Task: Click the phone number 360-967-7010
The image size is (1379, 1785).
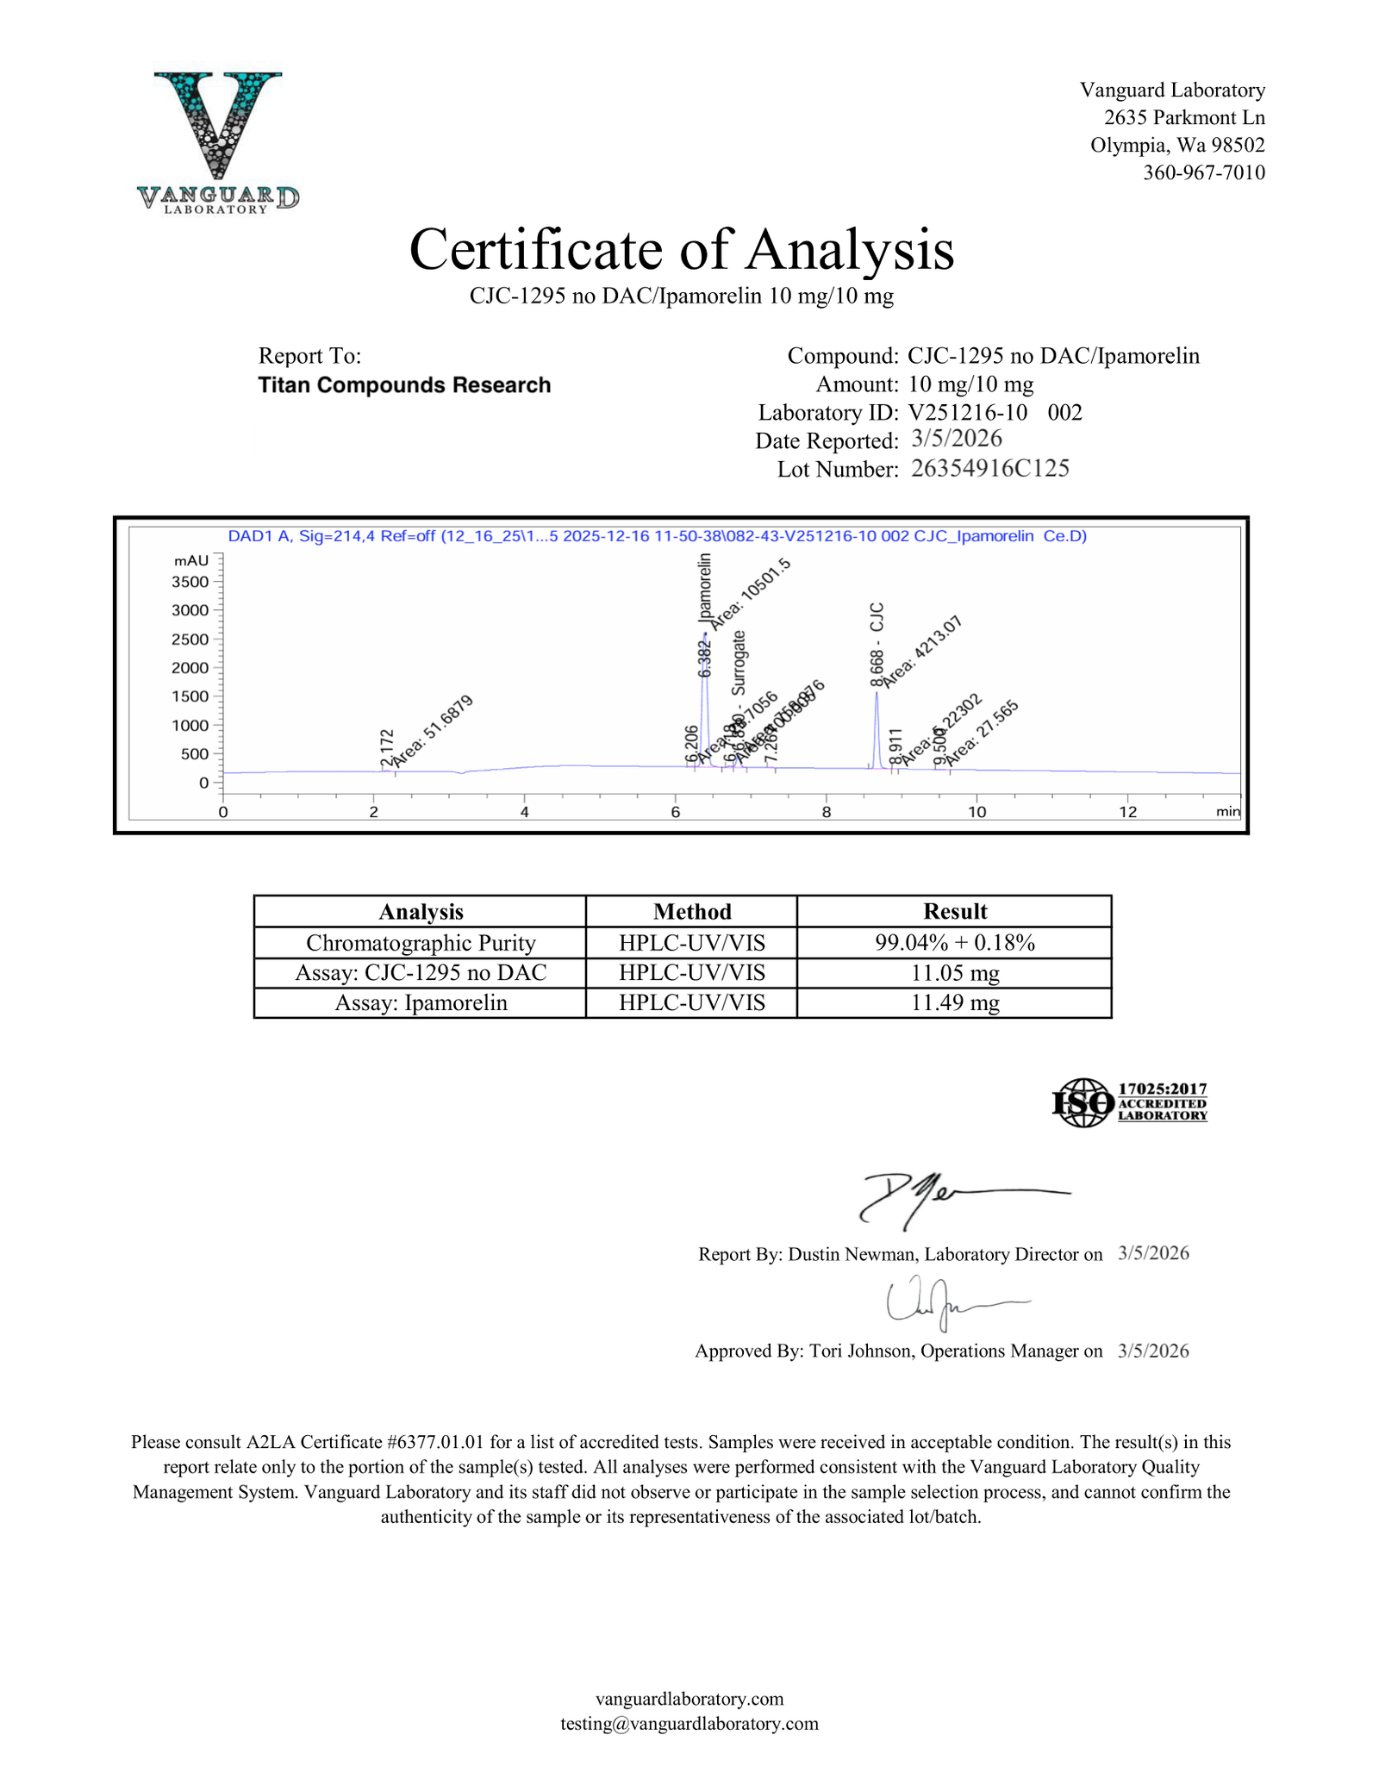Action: (x=1203, y=172)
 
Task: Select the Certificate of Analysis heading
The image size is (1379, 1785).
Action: (x=681, y=250)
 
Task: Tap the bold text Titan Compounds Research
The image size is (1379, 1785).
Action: (x=404, y=385)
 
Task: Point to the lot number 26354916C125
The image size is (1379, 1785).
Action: (x=989, y=469)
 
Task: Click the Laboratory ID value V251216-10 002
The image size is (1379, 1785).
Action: (x=995, y=412)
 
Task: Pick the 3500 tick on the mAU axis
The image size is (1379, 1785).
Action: (x=190, y=582)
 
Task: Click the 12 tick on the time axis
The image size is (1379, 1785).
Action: (x=1127, y=812)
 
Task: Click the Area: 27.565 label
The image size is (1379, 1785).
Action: (x=983, y=733)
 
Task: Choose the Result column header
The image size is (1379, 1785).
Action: (x=954, y=912)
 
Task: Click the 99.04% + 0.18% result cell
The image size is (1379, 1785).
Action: (x=954, y=943)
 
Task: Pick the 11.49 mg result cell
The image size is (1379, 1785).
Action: (x=954, y=1003)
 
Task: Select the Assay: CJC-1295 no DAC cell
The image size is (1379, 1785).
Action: (x=421, y=973)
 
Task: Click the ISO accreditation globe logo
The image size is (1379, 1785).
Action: (x=1083, y=1102)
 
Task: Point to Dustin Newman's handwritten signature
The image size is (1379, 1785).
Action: (x=931, y=1198)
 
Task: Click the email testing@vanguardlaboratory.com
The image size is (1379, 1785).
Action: (x=689, y=1724)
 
